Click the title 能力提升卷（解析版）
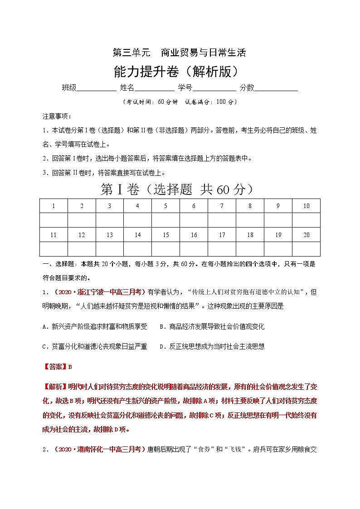tap(180, 71)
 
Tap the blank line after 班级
tap(96, 88)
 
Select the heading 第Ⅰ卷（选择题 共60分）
tap(180, 190)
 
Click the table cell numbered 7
tap(222, 206)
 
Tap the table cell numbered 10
tap(306, 206)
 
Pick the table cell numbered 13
tap(110, 235)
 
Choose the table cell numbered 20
tap(306, 235)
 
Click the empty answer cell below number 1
tap(54, 220)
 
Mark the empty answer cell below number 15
tap(165, 249)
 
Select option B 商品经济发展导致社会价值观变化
tap(212, 326)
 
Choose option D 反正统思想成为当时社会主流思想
tap(212, 346)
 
